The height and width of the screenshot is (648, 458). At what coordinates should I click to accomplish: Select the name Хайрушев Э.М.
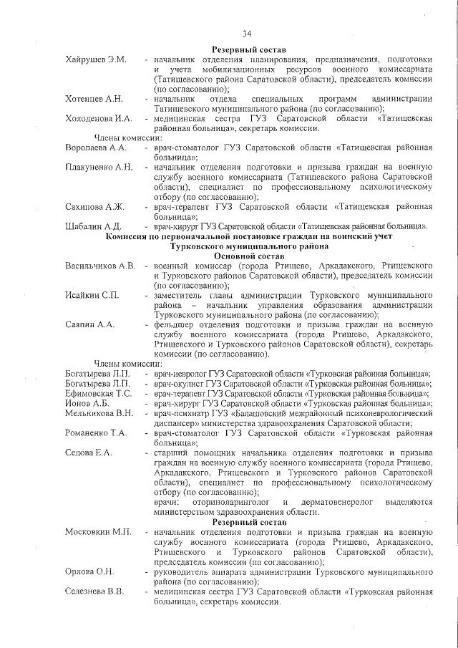(x=95, y=59)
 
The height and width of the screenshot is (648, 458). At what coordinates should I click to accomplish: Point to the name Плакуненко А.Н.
(x=99, y=167)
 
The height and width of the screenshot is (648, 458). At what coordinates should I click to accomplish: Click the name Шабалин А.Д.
(x=93, y=227)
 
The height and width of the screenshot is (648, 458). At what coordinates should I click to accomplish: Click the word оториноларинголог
(x=227, y=503)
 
